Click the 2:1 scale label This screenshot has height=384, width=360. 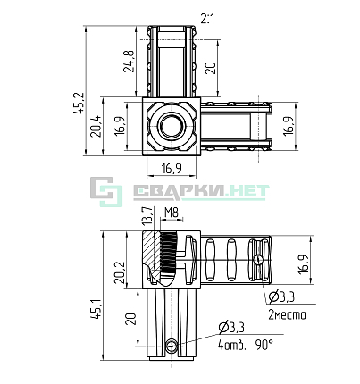[x=207, y=19]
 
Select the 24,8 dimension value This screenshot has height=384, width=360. [x=129, y=62]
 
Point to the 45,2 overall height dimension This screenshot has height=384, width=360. [x=79, y=104]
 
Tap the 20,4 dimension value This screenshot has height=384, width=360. [x=96, y=126]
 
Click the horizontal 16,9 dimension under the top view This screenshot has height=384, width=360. [x=172, y=169]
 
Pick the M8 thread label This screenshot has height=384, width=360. [x=172, y=213]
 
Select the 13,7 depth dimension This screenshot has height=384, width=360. [x=149, y=215]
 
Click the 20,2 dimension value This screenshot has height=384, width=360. [x=121, y=272]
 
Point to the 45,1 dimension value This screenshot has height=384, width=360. [x=96, y=309]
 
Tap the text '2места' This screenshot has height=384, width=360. [x=287, y=314]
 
